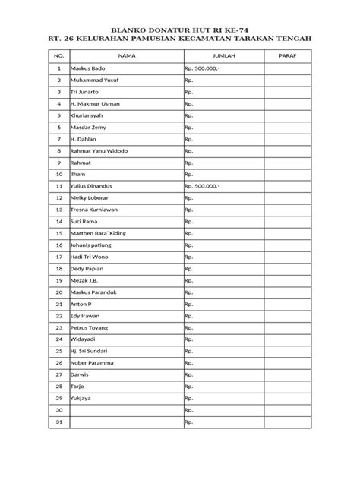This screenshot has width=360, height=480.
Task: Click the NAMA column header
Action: (127, 55)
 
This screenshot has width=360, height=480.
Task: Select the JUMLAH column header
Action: (223, 55)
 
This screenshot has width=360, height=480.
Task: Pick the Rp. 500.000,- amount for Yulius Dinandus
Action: (201, 185)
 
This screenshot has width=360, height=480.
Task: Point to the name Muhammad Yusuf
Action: (93, 80)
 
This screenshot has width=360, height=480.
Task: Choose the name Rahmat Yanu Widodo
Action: (99, 150)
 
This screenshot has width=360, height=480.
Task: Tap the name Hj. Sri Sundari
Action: (89, 351)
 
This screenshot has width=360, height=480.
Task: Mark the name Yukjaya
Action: (82, 398)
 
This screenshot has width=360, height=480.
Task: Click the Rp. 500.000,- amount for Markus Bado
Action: (201, 68)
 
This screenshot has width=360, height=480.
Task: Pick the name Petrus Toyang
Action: (90, 327)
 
